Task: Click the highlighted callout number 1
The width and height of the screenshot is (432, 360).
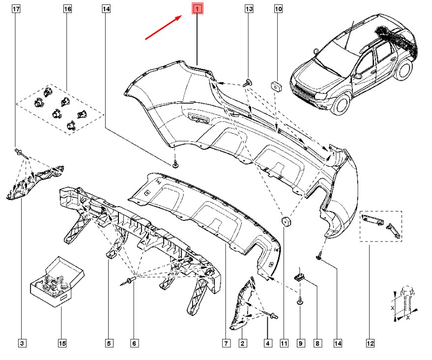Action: click(x=197, y=9)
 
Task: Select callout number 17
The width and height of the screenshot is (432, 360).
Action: click(x=16, y=9)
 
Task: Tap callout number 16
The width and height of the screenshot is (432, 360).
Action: click(x=67, y=9)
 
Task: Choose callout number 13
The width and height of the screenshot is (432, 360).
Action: click(x=249, y=9)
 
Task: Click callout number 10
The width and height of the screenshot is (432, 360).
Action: click(x=278, y=9)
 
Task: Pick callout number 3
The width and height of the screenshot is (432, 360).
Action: click(x=22, y=342)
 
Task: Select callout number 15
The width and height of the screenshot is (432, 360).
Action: click(x=61, y=342)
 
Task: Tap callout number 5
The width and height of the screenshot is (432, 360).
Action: click(x=109, y=342)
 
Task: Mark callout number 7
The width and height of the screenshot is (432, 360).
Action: click(x=227, y=342)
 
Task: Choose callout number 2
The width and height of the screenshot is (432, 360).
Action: click(x=242, y=342)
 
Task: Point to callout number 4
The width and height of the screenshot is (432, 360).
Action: click(x=268, y=342)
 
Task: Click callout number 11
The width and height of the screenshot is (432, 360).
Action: click(x=284, y=342)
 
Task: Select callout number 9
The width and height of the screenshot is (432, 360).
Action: click(x=300, y=342)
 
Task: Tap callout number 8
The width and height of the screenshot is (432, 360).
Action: click(x=317, y=342)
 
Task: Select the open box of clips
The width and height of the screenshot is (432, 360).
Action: click(x=53, y=284)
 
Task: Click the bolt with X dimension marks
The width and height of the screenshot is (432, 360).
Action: click(x=405, y=302)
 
